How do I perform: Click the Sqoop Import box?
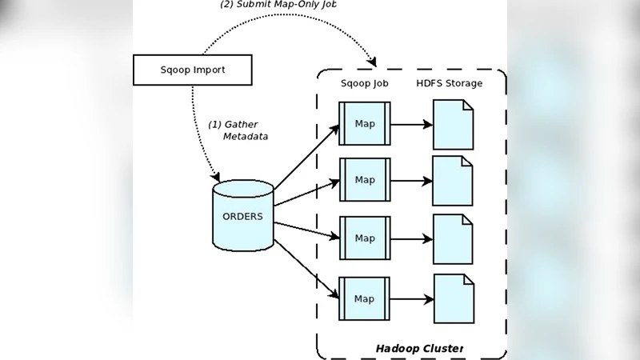point(192,70)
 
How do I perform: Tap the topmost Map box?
point(365,123)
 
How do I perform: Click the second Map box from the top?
point(365,180)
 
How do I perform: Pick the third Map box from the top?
point(365,238)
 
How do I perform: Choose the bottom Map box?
point(365,299)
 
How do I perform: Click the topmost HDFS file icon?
point(453,124)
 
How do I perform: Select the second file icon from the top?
point(453,181)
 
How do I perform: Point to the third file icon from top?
point(453,239)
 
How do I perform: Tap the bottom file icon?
point(453,298)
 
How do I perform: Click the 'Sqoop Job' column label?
point(365,84)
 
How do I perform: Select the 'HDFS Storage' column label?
point(450,84)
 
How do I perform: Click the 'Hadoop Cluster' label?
point(419,349)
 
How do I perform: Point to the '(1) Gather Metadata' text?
point(238,130)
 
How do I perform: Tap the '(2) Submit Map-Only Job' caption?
point(278,5)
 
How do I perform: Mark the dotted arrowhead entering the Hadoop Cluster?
point(372,61)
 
